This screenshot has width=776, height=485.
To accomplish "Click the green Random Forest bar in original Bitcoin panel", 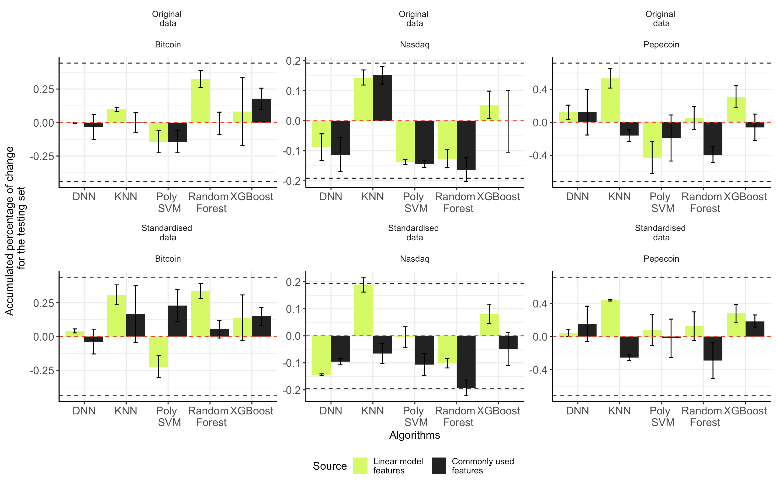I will coord(200,101).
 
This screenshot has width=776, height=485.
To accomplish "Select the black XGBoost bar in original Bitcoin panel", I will coord(261,111).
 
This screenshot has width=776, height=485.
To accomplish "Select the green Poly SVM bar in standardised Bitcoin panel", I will coord(158,352).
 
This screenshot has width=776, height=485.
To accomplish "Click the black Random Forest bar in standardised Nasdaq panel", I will coord(466,362).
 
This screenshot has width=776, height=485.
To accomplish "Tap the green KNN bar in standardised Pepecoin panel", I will coord(610,318).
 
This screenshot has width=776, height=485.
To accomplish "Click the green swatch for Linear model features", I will coord(360,466).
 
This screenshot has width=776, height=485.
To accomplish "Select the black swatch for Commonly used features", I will coord(439,466).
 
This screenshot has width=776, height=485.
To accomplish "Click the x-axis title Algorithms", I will coord(414,435).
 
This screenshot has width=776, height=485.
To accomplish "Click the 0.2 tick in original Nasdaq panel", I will coord(294,61).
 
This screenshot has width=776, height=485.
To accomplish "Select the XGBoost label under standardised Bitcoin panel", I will coord(251,411).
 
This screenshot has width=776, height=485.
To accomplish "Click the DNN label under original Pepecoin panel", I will coord(577,197).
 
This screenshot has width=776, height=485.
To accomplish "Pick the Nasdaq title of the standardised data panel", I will coord(414,259).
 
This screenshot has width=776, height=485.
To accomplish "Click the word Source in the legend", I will coord(330,466).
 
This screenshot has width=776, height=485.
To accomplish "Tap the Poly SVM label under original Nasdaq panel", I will coord(414,202).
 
